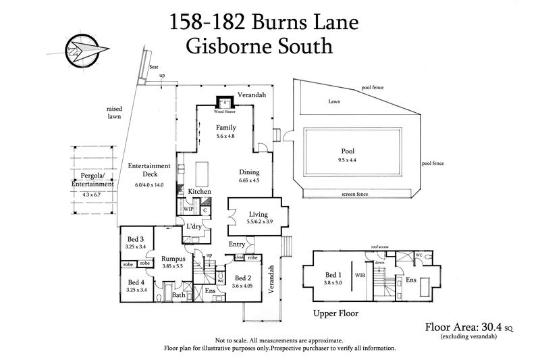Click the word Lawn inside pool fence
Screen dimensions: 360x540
pyautogui.click(x=335, y=101)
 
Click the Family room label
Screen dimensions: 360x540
pyautogui.click(x=225, y=127)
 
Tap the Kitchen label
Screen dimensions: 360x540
pyautogui.click(x=200, y=192)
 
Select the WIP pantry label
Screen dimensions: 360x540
pyautogui.click(x=189, y=209)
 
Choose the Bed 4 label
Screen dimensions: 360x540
pyautogui.click(x=136, y=282)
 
